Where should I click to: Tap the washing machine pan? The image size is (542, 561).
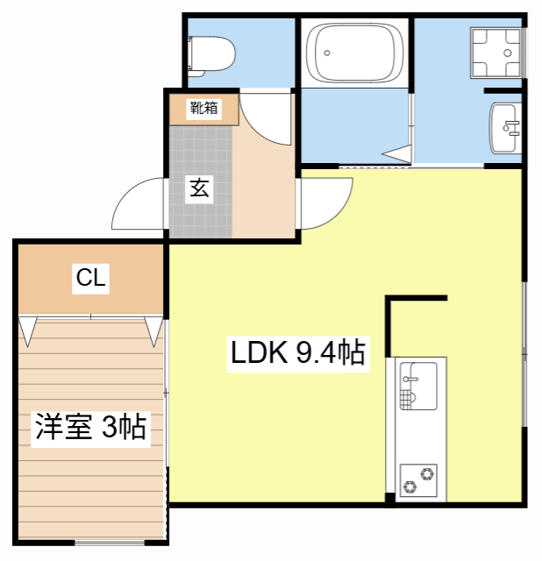(x=496, y=53)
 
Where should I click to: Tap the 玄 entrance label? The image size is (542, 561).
(x=200, y=188)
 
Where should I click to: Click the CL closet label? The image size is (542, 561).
(x=90, y=279)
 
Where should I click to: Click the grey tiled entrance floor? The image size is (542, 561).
(x=200, y=210)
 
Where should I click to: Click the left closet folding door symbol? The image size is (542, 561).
(x=27, y=330)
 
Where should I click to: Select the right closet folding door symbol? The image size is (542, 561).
(x=154, y=330)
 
